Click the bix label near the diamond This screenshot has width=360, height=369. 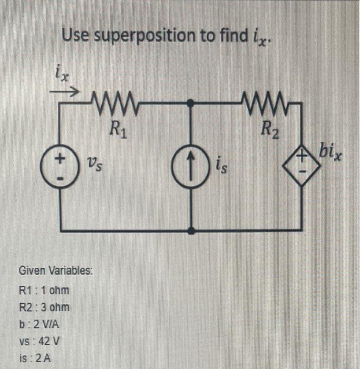[331, 155]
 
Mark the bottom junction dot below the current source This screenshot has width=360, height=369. [191, 230]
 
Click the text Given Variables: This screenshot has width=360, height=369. [55, 271]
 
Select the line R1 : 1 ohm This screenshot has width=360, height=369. [44, 290]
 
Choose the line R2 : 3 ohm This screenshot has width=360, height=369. [44, 307]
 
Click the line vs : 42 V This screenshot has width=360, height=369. [40, 341]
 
